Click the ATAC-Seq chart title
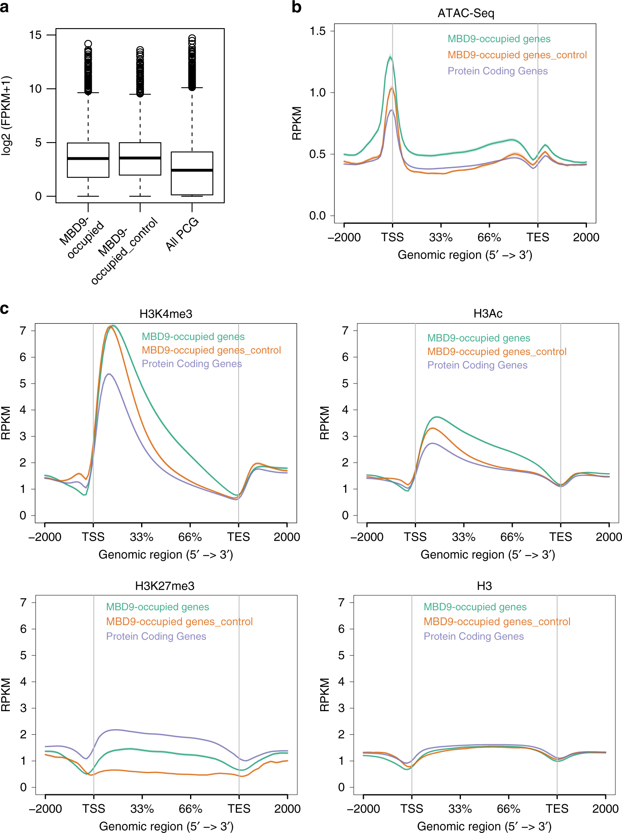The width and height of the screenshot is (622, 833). (466, 13)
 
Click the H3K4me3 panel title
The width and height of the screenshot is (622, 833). (166, 314)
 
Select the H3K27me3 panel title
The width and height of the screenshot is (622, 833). (165, 586)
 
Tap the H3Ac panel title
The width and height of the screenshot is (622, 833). (488, 313)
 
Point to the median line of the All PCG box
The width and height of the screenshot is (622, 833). (192, 170)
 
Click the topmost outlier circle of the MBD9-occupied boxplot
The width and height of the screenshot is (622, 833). (88, 44)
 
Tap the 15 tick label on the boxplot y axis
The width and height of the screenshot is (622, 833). (35, 35)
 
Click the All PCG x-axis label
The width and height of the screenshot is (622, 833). (182, 234)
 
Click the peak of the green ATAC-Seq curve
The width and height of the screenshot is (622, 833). (390, 57)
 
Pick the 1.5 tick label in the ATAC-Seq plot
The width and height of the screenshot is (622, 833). (317, 31)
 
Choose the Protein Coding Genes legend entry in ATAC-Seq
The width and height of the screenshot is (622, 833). (498, 71)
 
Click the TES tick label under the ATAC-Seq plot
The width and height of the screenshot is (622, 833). (538, 237)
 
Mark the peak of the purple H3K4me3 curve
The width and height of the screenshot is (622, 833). (108, 374)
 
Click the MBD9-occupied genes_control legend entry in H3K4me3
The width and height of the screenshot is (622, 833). (211, 350)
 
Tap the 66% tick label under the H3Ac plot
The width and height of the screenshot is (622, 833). (512, 537)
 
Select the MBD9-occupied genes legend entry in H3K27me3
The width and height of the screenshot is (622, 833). (157, 607)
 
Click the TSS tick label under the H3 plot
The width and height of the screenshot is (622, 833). (412, 809)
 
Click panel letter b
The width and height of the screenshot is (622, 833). (297, 7)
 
